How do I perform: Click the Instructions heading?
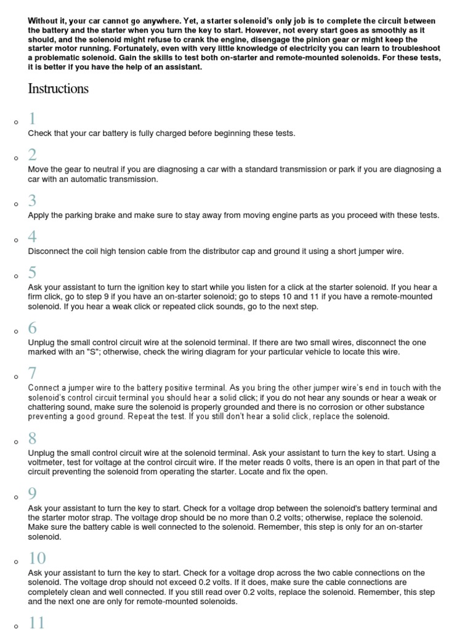click(x=58, y=89)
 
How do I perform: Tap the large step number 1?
click(x=32, y=119)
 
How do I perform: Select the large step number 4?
click(x=32, y=237)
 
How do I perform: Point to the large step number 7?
click(x=32, y=373)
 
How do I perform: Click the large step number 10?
click(x=37, y=558)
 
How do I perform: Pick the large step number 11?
click(x=37, y=623)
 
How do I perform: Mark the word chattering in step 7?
click(x=49, y=408)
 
